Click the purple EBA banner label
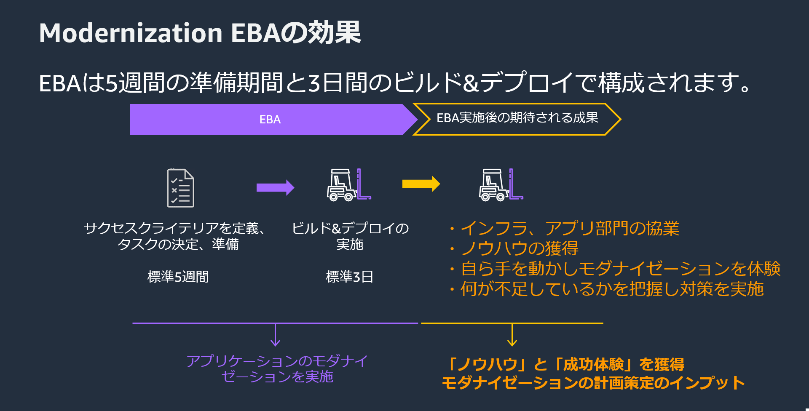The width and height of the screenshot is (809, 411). (x=270, y=120)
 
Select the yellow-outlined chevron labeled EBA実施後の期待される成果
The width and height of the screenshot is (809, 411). (x=517, y=118)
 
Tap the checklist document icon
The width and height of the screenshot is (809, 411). (x=180, y=188)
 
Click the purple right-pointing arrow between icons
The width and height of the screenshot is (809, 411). (x=275, y=187)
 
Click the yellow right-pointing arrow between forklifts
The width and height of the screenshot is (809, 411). (x=421, y=184)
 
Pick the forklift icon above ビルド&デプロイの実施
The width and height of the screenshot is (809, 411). (x=348, y=185)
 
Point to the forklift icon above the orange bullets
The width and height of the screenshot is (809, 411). (x=501, y=185)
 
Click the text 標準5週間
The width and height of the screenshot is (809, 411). (x=178, y=277)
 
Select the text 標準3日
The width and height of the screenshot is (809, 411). (x=349, y=277)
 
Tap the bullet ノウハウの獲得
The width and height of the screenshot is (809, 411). (x=519, y=248)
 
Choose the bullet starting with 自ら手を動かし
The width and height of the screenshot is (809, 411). (x=620, y=269)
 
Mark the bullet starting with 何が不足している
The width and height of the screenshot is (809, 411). (x=612, y=289)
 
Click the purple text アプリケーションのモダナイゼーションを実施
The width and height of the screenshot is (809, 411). (x=277, y=369)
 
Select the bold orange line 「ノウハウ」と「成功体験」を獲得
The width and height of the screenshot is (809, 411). (x=565, y=364)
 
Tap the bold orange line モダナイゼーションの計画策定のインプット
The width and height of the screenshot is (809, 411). (x=593, y=383)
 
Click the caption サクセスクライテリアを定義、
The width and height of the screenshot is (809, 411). (x=174, y=228)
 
